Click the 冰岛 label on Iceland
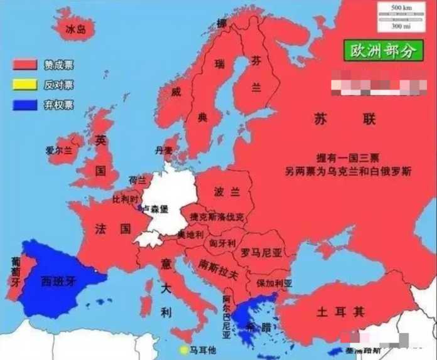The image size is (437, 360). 75,30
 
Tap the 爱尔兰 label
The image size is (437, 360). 59,151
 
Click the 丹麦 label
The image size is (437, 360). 163,150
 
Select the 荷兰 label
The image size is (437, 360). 137,181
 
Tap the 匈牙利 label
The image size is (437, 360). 222,243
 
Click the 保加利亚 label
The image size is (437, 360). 274,283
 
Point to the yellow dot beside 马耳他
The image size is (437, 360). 183,349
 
